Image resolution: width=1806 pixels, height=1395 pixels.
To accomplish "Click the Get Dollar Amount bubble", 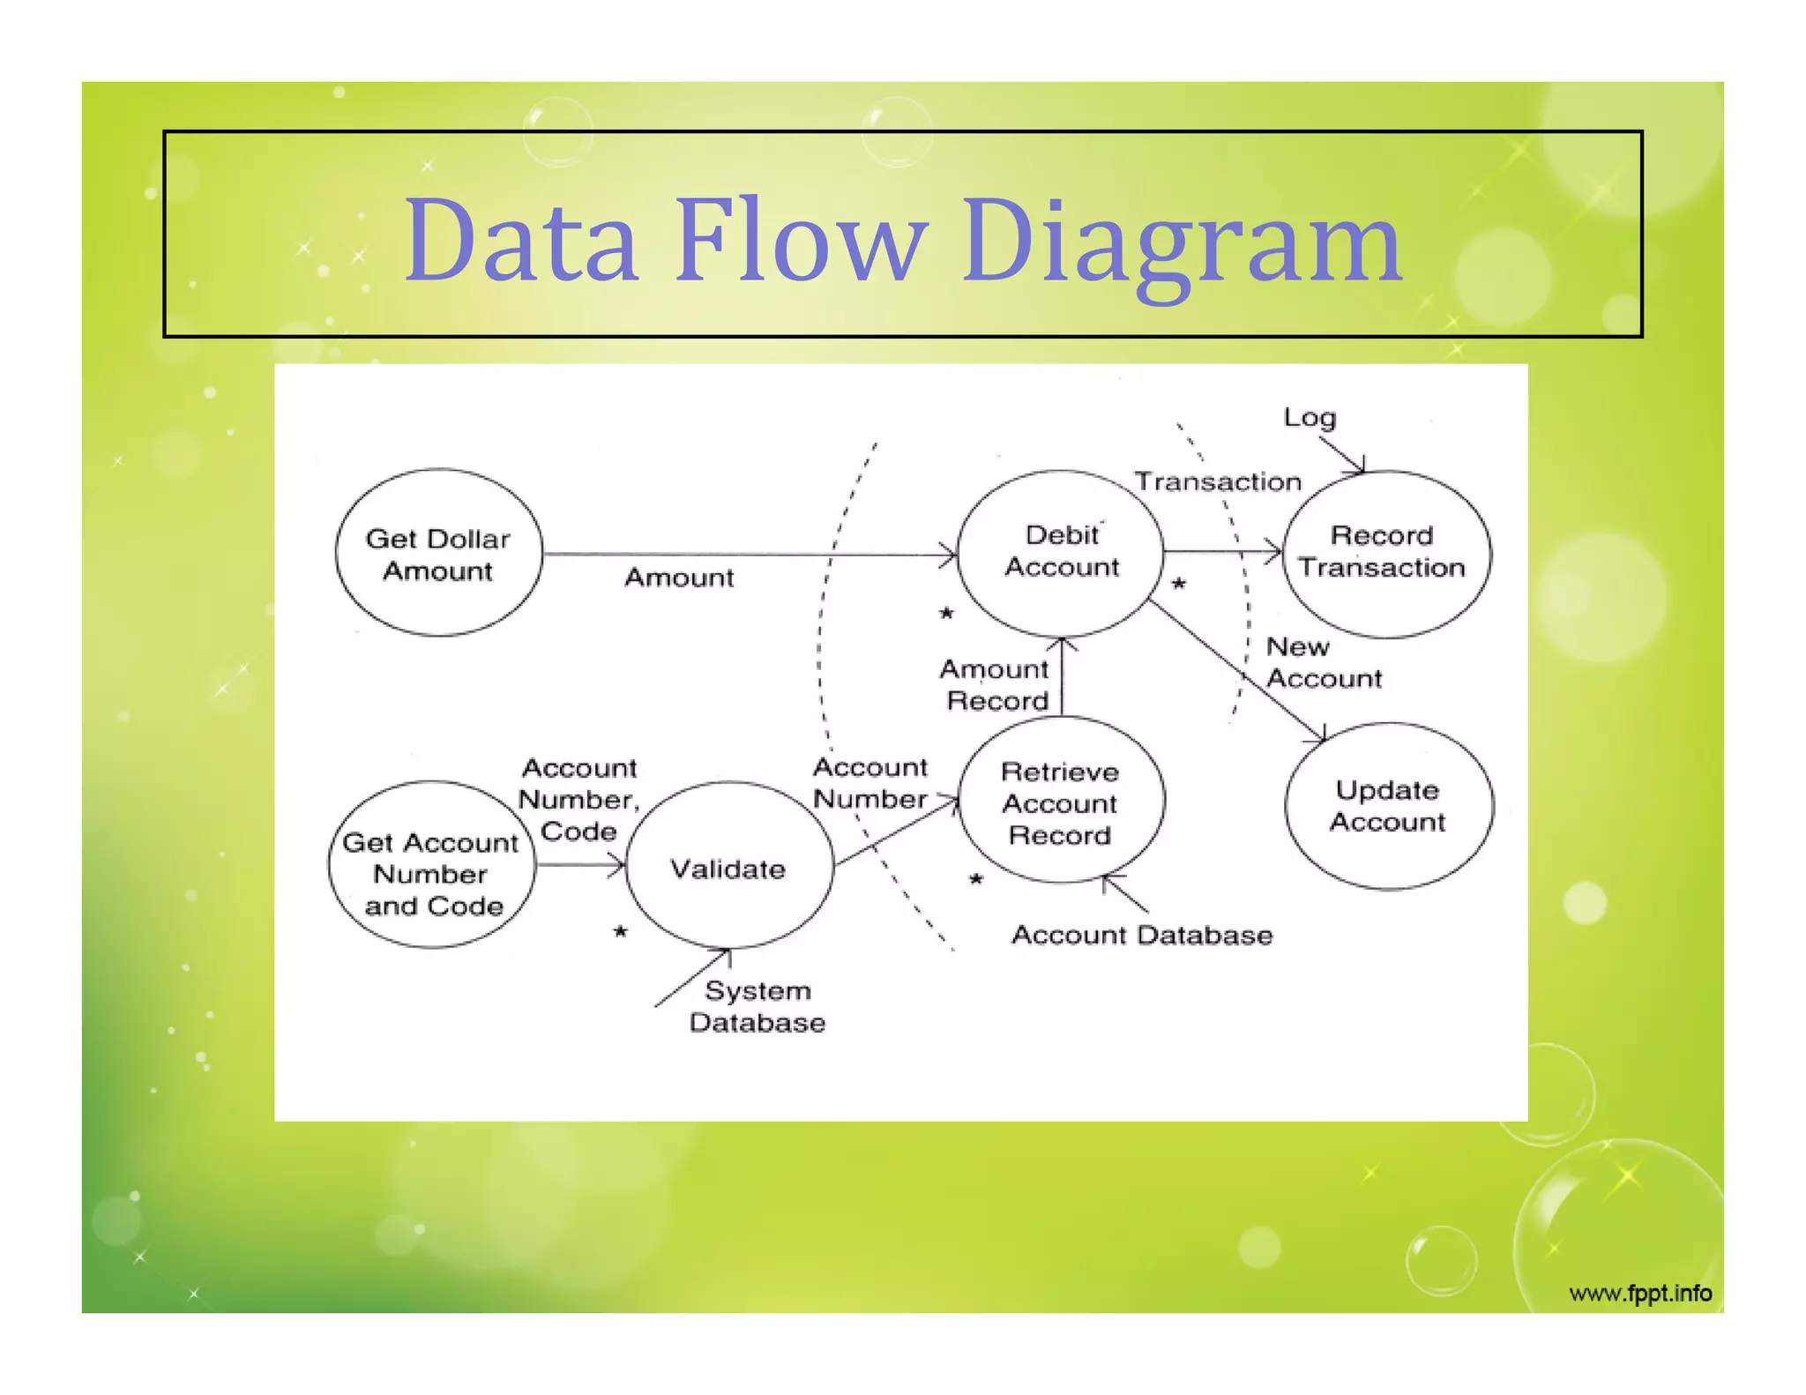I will tap(438, 553).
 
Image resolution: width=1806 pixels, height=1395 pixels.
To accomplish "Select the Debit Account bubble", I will tap(1061, 552).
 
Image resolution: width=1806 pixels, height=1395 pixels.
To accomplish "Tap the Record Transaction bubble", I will tap(1385, 553).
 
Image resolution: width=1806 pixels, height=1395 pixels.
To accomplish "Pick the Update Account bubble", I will tap(1388, 805).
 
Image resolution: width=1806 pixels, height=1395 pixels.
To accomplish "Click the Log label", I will tap(1310, 417).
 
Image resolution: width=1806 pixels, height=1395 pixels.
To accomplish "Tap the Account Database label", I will tap(1142, 935).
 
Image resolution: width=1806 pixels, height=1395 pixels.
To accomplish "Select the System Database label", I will tap(757, 1006).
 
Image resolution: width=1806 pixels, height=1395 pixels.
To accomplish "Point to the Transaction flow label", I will tap(1217, 481).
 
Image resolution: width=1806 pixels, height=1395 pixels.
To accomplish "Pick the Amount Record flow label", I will tap(996, 685).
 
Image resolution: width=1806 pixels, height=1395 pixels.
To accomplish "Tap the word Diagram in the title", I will tap(1182, 242).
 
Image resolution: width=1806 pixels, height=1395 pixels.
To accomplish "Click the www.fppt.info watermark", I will tap(1640, 1294).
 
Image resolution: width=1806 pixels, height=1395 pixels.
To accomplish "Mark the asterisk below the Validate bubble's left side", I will tap(621, 932).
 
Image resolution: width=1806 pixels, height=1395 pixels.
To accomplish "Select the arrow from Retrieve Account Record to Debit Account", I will tap(1062, 677).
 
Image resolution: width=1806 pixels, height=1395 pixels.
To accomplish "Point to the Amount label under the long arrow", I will tap(679, 578).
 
